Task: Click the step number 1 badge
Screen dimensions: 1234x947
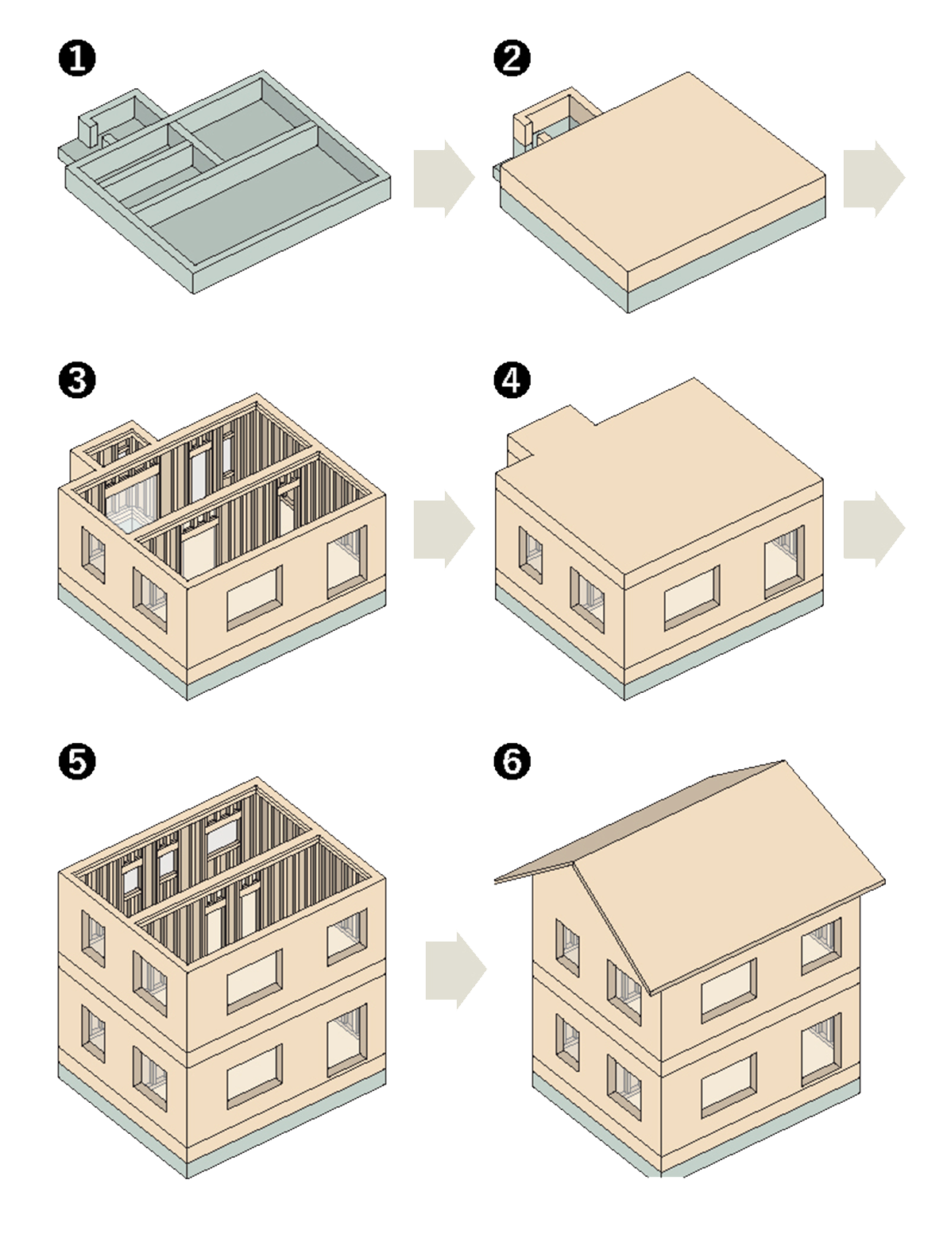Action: [77, 60]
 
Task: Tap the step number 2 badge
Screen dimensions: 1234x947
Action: [512, 60]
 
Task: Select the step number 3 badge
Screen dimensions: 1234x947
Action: [77, 380]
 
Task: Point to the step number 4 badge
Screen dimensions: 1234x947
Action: [512, 380]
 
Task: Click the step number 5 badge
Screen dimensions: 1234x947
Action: [77, 761]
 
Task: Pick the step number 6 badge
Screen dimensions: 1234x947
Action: [512, 761]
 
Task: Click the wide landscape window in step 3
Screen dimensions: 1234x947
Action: [255, 597]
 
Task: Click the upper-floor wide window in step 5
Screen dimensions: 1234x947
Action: [255, 980]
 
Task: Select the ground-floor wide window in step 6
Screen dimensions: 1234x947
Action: [729, 1084]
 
